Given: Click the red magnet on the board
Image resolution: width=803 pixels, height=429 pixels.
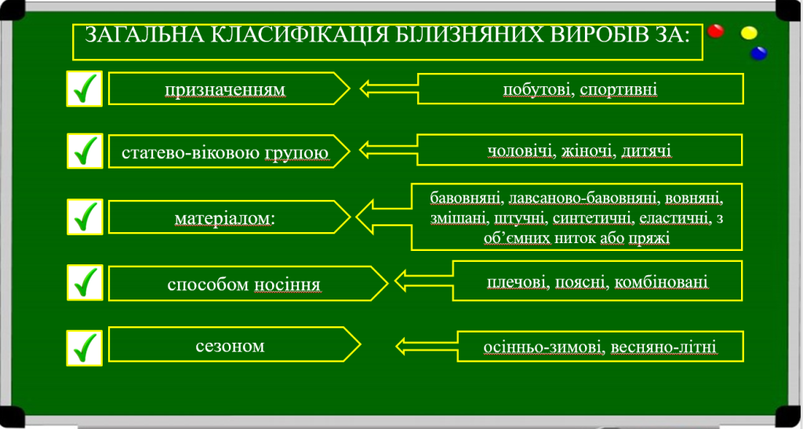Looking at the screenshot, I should point(715,31).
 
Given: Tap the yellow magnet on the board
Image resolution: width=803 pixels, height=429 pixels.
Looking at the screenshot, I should point(750,33).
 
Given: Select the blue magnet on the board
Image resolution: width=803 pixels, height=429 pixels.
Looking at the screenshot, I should point(758,53).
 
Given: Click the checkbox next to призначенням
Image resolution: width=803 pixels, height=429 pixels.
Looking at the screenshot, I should point(85,89).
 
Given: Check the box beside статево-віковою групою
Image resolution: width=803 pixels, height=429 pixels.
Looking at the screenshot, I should point(85,150).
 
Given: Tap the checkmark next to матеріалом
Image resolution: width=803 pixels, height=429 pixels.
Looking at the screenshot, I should point(85,216).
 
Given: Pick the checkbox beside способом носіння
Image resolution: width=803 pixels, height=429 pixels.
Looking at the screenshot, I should point(85,282).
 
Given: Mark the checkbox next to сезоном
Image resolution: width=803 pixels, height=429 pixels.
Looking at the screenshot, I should point(85,347).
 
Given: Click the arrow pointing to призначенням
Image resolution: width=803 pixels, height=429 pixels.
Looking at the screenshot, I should point(387,88).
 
